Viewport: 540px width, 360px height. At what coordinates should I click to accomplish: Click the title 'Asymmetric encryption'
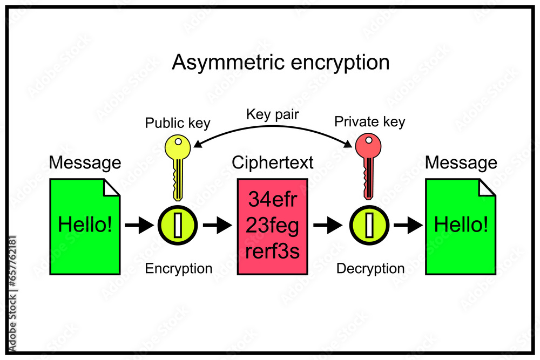280,63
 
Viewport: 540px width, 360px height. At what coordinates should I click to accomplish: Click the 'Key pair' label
272,114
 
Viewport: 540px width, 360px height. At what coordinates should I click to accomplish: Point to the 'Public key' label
178,123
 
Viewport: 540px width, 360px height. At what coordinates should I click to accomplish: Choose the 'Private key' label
369,122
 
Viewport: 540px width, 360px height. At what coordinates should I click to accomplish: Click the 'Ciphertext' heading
272,162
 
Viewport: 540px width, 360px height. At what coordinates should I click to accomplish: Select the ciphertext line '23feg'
272,226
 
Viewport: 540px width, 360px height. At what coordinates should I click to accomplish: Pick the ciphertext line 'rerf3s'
272,251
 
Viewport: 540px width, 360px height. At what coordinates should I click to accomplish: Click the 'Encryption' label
179,268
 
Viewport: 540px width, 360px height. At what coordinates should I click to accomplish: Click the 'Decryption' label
370,268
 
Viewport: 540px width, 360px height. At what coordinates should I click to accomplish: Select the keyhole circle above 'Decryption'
369,225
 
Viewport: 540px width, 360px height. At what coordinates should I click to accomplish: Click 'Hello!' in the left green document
85,225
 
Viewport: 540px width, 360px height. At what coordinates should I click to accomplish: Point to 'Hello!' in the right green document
461,225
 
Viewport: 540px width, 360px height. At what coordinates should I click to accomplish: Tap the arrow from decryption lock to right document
408,225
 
